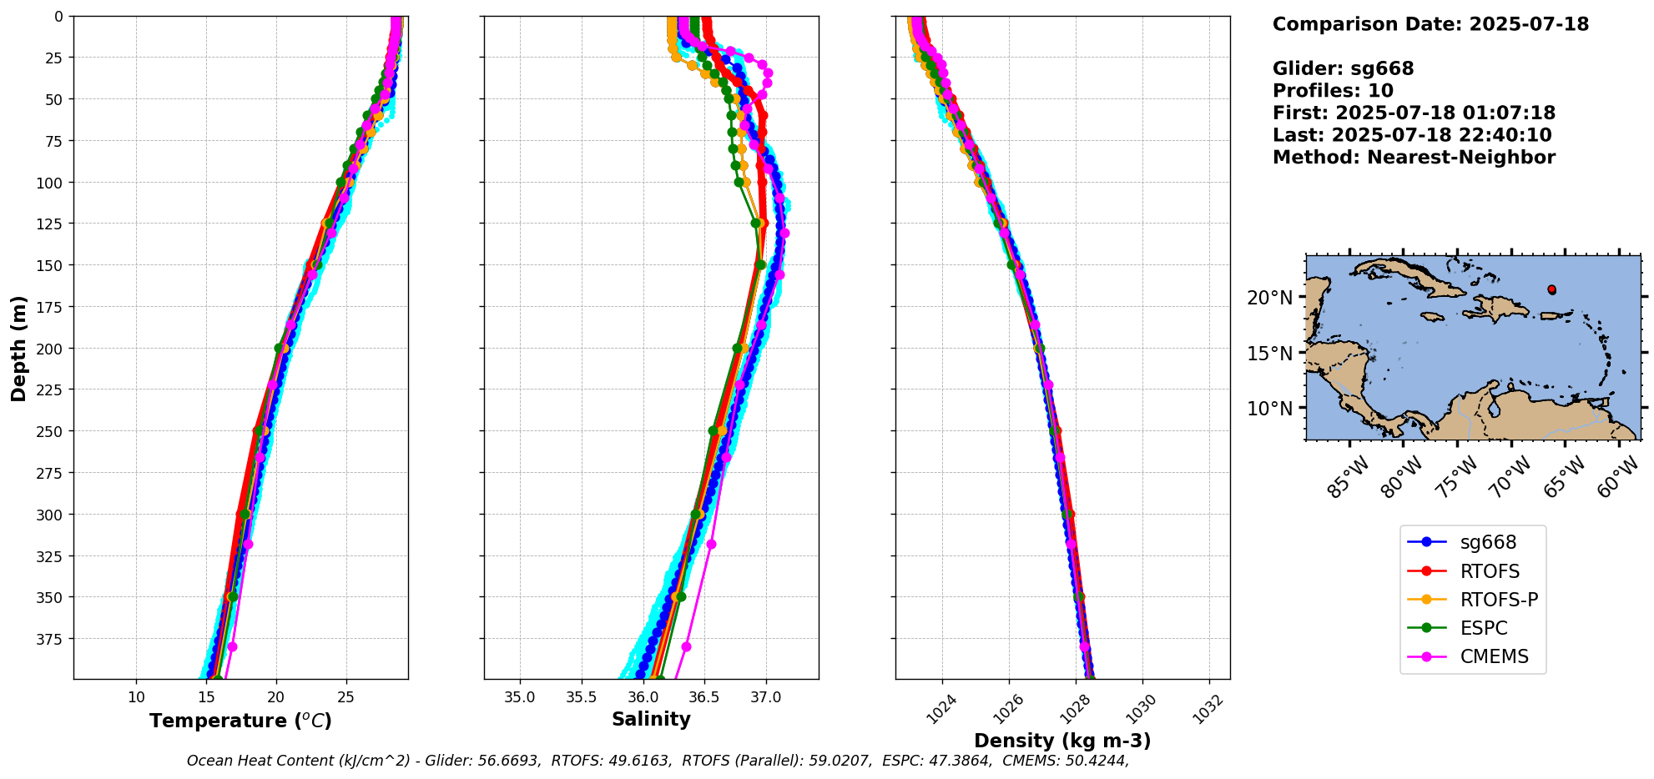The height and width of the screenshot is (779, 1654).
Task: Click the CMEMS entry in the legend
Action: [1494, 656]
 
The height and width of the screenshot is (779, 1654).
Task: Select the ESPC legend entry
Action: [1484, 628]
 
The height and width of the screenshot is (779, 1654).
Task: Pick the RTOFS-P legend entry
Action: [1499, 600]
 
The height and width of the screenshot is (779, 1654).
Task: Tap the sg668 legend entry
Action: [1488, 542]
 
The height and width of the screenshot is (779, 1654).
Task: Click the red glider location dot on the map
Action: [1551, 289]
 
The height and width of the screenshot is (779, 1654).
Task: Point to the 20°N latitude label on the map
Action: [1269, 298]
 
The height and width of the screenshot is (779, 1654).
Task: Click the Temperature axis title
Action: [240, 721]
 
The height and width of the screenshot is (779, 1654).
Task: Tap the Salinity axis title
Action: [651, 719]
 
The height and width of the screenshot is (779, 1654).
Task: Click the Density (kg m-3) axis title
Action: [1062, 741]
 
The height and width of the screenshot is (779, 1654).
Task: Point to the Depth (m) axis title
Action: [18, 348]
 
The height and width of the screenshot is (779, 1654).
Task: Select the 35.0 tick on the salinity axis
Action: [520, 697]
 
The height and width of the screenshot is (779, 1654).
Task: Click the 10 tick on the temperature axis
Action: [137, 697]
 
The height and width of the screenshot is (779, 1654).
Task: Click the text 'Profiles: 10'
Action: [1333, 91]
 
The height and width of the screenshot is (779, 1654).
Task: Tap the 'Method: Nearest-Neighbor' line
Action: [1414, 158]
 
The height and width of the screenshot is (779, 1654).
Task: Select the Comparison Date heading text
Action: [1430, 24]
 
